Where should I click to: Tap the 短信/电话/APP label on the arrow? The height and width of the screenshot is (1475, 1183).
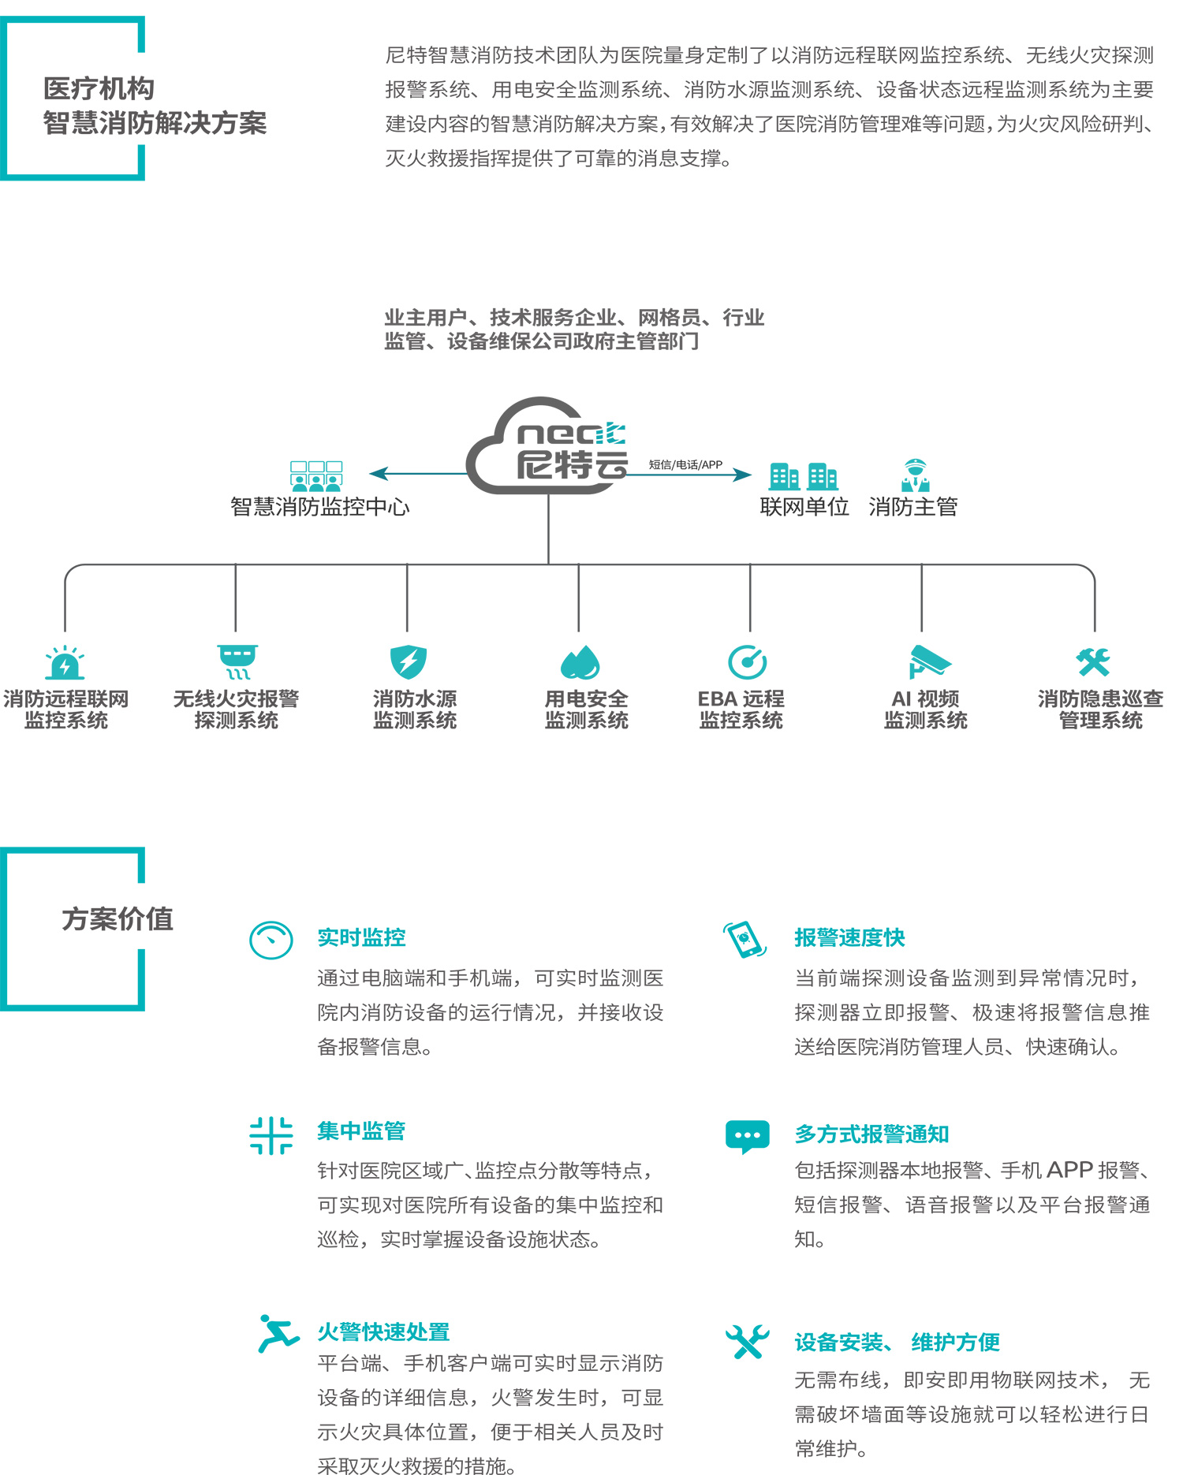click(685, 464)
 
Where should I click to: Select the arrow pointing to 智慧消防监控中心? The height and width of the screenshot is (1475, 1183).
click(418, 473)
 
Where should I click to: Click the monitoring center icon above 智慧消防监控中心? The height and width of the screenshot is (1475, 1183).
click(316, 477)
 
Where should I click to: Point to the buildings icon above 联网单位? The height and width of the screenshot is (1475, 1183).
click(803, 476)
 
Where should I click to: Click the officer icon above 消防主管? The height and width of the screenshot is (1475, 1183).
click(916, 475)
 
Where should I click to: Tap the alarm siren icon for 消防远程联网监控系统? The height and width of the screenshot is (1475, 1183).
click(65, 663)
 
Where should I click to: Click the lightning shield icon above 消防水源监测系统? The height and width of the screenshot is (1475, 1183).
click(409, 662)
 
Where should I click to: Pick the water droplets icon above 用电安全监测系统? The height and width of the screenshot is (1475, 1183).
click(580, 662)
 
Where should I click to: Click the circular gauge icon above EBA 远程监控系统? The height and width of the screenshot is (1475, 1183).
click(748, 662)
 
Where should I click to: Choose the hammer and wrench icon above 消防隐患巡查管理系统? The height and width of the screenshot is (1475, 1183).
click(1094, 662)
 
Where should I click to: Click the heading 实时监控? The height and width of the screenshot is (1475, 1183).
click(361, 937)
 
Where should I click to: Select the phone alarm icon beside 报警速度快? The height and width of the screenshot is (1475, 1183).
click(745, 939)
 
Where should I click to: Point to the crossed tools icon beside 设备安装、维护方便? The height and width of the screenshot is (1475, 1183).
click(747, 1341)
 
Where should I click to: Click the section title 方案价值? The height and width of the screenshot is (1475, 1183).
click(118, 919)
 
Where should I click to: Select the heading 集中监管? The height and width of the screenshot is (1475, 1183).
click(361, 1131)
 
